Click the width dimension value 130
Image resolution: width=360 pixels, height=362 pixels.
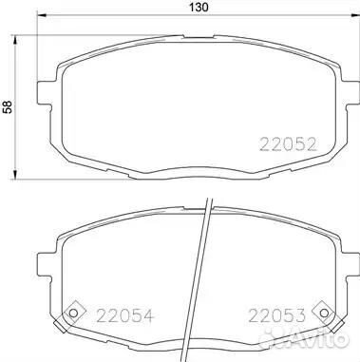pos(197,9)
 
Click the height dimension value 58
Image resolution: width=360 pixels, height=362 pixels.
pos(9,107)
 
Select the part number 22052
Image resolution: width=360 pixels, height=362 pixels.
pos(288,145)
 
